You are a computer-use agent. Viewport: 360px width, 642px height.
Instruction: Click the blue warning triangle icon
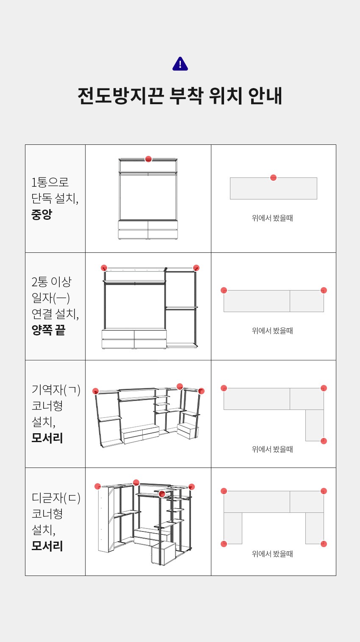[180, 64]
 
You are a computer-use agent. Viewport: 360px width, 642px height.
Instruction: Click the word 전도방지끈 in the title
[121, 95]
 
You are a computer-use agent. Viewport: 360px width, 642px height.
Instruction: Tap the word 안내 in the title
[265, 95]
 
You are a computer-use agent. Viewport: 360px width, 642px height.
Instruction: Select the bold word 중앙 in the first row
[42, 214]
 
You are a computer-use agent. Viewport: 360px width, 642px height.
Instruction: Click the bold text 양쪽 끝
[48, 330]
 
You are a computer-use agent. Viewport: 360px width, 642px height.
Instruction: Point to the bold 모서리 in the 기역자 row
[47, 438]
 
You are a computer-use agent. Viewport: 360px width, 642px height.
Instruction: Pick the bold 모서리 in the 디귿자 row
[47, 546]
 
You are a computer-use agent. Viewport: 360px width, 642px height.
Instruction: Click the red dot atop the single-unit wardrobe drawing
[148, 159]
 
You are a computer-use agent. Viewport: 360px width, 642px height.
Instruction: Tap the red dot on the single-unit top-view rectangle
[274, 178]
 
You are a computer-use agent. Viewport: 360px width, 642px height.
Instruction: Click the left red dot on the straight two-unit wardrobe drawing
[104, 268]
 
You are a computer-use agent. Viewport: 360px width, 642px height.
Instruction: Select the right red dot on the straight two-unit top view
[324, 291]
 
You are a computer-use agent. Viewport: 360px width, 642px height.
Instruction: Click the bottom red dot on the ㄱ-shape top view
[324, 441]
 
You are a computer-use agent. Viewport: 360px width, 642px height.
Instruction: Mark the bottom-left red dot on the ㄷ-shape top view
[224, 544]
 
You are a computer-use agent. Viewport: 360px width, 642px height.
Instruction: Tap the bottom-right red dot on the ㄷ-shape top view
[324, 544]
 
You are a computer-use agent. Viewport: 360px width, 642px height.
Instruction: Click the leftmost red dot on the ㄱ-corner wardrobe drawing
[96, 391]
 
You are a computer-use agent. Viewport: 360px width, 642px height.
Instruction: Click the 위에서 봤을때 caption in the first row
[272, 218]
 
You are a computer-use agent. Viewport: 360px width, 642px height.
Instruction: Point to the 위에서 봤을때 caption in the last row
[272, 554]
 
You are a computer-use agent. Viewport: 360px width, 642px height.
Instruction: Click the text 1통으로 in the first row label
[50, 182]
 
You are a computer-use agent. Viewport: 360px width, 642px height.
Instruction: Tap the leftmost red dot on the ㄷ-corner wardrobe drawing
[98, 487]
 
